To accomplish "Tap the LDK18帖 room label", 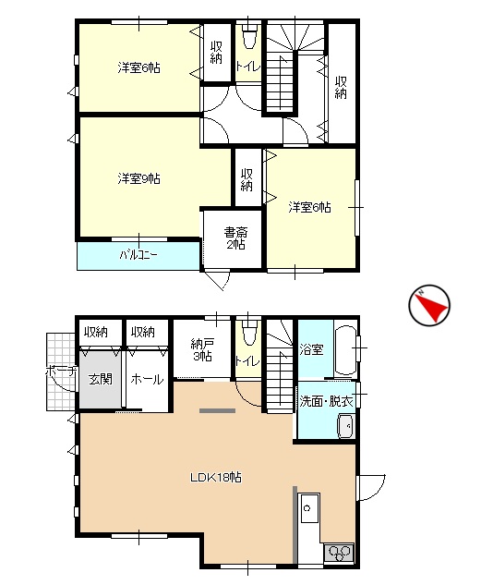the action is (216, 478).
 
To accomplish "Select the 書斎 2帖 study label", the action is (235, 238).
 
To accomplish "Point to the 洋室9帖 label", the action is (139, 178).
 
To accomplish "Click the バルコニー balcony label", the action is (138, 255).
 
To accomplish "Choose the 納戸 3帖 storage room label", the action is (202, 349).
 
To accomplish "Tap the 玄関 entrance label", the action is (101, 380).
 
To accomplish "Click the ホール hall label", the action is (147, 380).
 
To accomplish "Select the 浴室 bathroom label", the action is (311, 349).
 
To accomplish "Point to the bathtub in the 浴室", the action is (345, 350).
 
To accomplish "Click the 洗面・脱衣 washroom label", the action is (327, 401).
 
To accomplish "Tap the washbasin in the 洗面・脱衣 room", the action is (345, 426).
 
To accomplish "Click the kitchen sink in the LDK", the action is (309, 508).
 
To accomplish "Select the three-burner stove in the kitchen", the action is (338, 553).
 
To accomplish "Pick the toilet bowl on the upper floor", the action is (249, 39).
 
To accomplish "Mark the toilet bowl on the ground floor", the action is (249, 335).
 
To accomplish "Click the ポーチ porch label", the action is (62, 372).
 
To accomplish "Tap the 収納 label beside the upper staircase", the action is (341, 87).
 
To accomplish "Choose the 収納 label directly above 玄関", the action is (96, 331).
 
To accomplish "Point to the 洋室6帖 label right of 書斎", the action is (309, 207).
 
